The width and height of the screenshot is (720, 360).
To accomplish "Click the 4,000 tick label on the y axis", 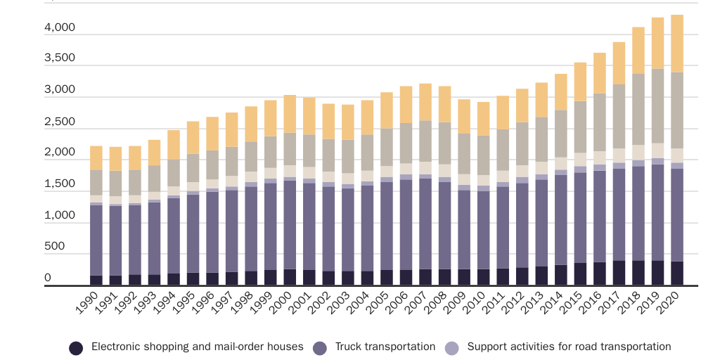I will pos(59,28).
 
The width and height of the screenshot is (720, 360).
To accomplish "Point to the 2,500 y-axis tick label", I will pos(59,122).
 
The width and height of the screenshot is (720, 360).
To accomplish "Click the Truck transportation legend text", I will pos(385,347).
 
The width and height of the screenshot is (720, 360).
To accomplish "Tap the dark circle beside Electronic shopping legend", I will pos(77,347).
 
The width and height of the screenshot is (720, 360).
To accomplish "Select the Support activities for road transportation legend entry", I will pos(569,347).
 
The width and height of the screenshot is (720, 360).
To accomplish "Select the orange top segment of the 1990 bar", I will pos(96,158).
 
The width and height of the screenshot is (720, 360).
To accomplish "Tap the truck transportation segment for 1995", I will pos(193,233).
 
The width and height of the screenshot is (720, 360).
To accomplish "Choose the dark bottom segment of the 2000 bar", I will pos(290,277).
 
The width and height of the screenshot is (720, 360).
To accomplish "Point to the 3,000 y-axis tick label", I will pos(59,90).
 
